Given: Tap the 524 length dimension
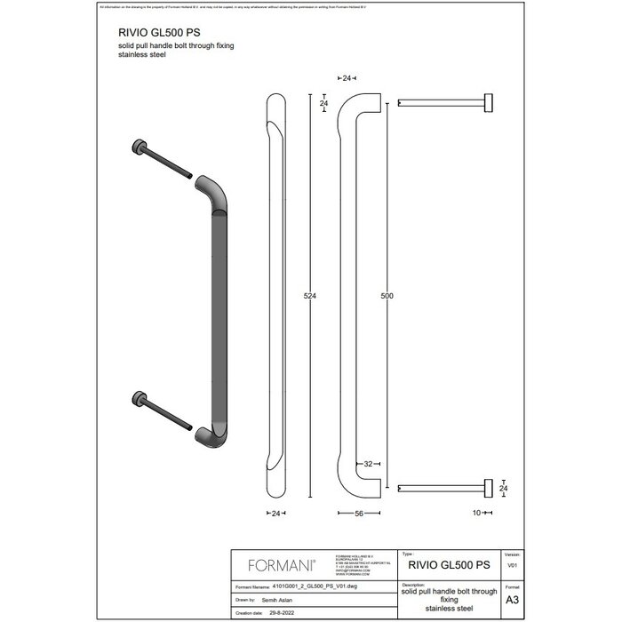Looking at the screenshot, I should pyautogui.click(x=309, y=295).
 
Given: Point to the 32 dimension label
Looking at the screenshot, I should pyautogui.click(x=366, y=464).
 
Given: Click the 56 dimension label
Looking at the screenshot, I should pyautogui.click(x=357, y=514).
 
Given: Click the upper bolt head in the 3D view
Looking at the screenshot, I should pyautogui.click(x=140, y=147).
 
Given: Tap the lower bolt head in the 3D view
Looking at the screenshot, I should pyautogui.click(x=140, y=395).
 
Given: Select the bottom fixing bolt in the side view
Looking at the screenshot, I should pyautogui.click(x=444, y=486).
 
